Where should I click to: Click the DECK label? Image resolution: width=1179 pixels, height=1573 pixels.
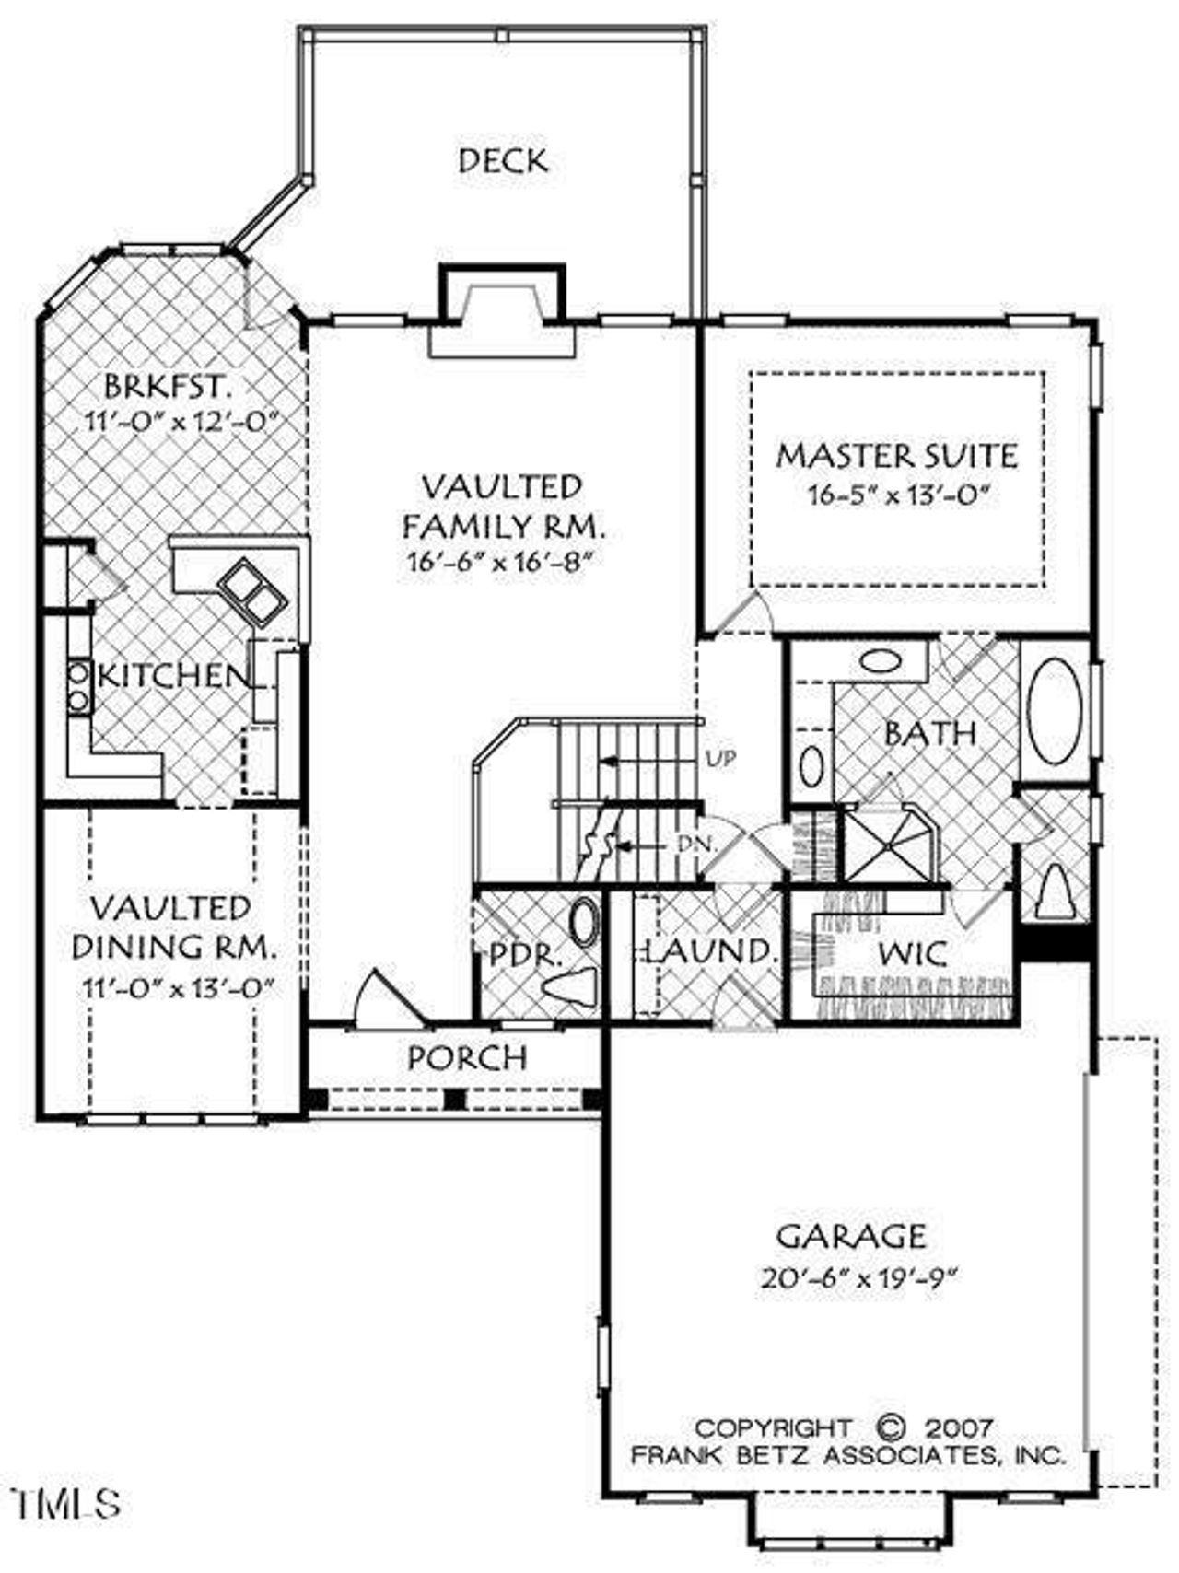503,161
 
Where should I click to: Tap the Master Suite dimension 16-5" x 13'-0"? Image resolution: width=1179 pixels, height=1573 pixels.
898,495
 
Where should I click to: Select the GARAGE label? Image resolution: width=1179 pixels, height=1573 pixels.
851,1235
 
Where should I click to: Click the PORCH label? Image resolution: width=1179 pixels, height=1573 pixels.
467,1058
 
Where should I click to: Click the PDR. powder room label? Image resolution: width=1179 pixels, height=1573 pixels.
524,954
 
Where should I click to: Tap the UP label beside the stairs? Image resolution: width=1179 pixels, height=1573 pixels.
719,759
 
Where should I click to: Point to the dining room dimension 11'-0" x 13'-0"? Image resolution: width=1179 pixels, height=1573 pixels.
179,987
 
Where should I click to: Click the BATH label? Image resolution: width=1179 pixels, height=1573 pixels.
929,733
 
